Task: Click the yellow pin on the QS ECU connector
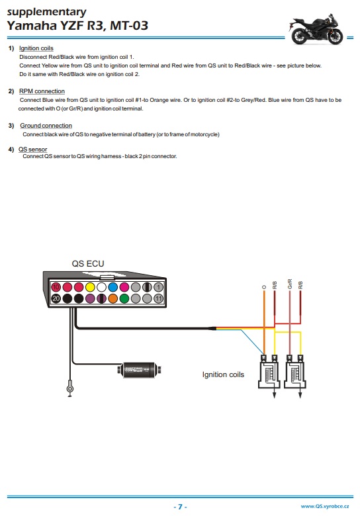(x=90, y=287)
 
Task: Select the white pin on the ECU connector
(x=101, y=287)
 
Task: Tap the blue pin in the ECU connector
(x=113, y=287)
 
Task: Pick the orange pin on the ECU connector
(x=113, y=298)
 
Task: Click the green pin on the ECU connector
(x=124, y=298)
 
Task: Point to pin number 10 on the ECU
(x=56, y=287)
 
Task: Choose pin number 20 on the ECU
(x=56, y=298)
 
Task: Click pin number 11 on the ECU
(x=158, y=298)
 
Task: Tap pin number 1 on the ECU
(x=158, y=287)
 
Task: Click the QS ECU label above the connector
(x=88, y=263)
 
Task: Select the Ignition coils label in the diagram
(x=223, y=374)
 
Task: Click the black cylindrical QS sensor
(x=140, y=370)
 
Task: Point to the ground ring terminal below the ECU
(x=69, y=388)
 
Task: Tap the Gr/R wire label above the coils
(x=290, y=284)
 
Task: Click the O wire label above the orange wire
(x=264, y=287)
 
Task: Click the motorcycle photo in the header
(x=316, y=29)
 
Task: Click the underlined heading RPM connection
(x=42, y=91)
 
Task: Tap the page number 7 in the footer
(x=180, y=507)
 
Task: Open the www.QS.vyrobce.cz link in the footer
(x=325, y=506)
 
